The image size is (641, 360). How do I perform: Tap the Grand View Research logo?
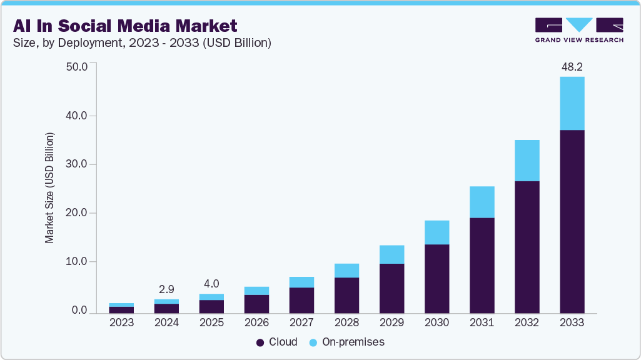pyautogui.click(x=579, y=29)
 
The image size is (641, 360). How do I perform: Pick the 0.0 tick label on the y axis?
pyautogui.click(x=79, y=310)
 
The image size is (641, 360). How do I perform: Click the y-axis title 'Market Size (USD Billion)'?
pyautogui.click(x=49, y=187)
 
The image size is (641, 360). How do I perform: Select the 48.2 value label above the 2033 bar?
pyautogui.click(x=572, y=66)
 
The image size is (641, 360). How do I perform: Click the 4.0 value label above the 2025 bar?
pyautogui.click(x=211, y=283)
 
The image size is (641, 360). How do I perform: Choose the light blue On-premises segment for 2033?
pyautogui.click(x=572, y=103)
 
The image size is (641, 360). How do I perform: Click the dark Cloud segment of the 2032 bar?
pyautogui.click(x=527, y=247)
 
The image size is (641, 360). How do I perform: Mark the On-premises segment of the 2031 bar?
pyautogui.click(x=482, y=202)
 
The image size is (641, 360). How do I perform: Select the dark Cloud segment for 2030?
pyautogui.click(x=437, y=279)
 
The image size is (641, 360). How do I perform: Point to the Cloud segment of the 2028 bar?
pyautogui.click(x=346, y=295)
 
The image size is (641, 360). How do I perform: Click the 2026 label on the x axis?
pyautogui.click(x=256, y=323)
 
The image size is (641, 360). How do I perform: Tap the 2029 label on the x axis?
pyautogui.click(x=391, y=323)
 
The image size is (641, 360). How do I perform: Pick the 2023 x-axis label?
pyautogui.click(x=121, y=323)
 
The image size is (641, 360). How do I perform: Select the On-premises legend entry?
pyautogui.click(x=347, y=342)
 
